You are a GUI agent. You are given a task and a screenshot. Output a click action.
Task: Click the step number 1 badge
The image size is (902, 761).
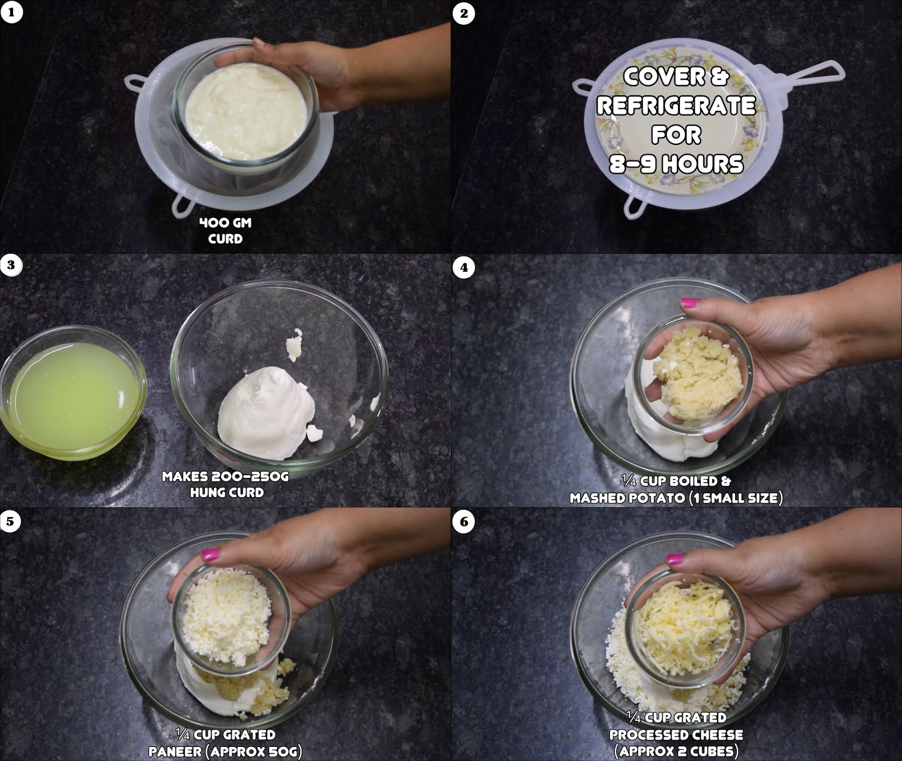coord(11,12)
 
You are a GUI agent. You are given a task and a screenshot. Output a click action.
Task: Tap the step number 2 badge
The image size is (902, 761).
coord(464,13)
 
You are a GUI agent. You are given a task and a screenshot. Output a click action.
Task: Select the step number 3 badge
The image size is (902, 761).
coord(11,265)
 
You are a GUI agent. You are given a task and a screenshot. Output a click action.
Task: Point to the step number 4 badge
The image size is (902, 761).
coord(464,267)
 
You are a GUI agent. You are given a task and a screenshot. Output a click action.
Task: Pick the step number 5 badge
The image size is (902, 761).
coord(11,521)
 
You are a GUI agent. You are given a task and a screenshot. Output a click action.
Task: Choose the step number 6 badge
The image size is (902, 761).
coord(464,521)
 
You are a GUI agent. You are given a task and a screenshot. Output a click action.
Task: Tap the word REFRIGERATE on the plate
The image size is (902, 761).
coord(676,105)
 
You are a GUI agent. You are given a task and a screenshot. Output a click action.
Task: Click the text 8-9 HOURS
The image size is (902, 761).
coord(676,164)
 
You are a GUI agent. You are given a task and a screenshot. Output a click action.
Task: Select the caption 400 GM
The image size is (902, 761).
coord(225,223)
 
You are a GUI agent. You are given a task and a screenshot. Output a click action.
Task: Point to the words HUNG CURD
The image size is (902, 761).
coord(227,492)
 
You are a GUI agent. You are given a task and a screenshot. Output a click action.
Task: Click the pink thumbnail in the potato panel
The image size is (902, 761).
coord(689,303)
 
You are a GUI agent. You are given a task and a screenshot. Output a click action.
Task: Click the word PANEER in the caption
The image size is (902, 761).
coord(175,751)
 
